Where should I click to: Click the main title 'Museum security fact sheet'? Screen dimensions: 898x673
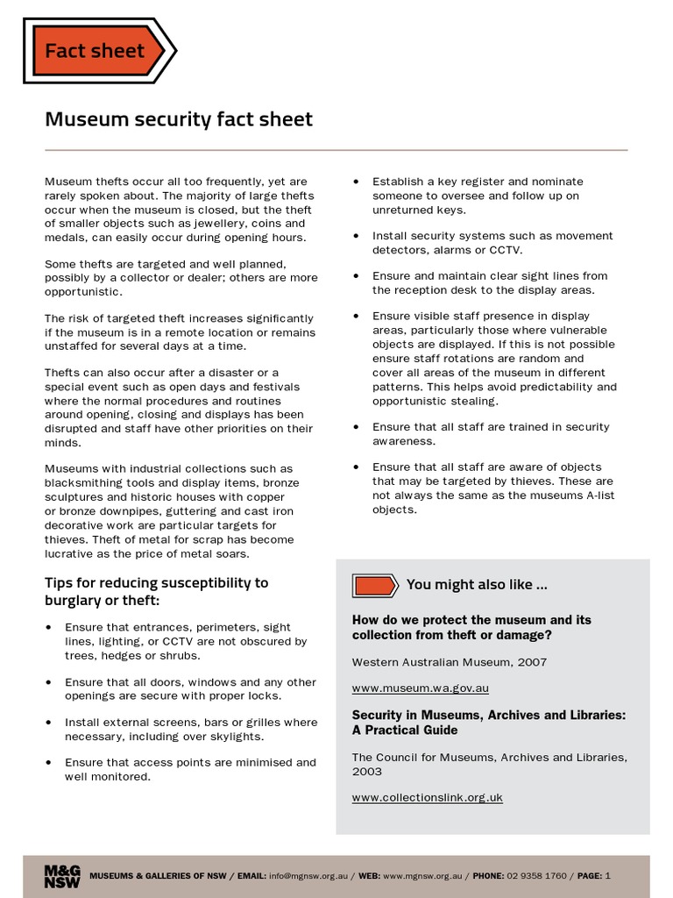(x=178, y=118)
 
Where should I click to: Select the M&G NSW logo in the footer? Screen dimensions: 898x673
(x=62, y=876)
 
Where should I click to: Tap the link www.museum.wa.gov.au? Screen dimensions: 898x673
(x=420, y=688)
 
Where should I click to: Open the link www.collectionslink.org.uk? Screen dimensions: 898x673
(x=427, y=797)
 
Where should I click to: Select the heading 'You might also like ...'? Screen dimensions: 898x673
(x=477, y=585)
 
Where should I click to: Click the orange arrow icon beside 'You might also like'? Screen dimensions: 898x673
(x=375, y=585)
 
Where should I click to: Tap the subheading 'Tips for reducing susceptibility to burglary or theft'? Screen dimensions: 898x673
(x=156, y=591)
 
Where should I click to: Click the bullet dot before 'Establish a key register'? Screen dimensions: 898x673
(x=356, y=182)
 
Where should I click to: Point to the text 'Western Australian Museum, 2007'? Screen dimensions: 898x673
(x=449, y=661)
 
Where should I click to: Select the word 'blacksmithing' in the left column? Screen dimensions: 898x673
(x=84, y=483)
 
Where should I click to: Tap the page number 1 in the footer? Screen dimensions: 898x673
(x=608, y=876)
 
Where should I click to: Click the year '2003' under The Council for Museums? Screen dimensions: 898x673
(x=366, y=772)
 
